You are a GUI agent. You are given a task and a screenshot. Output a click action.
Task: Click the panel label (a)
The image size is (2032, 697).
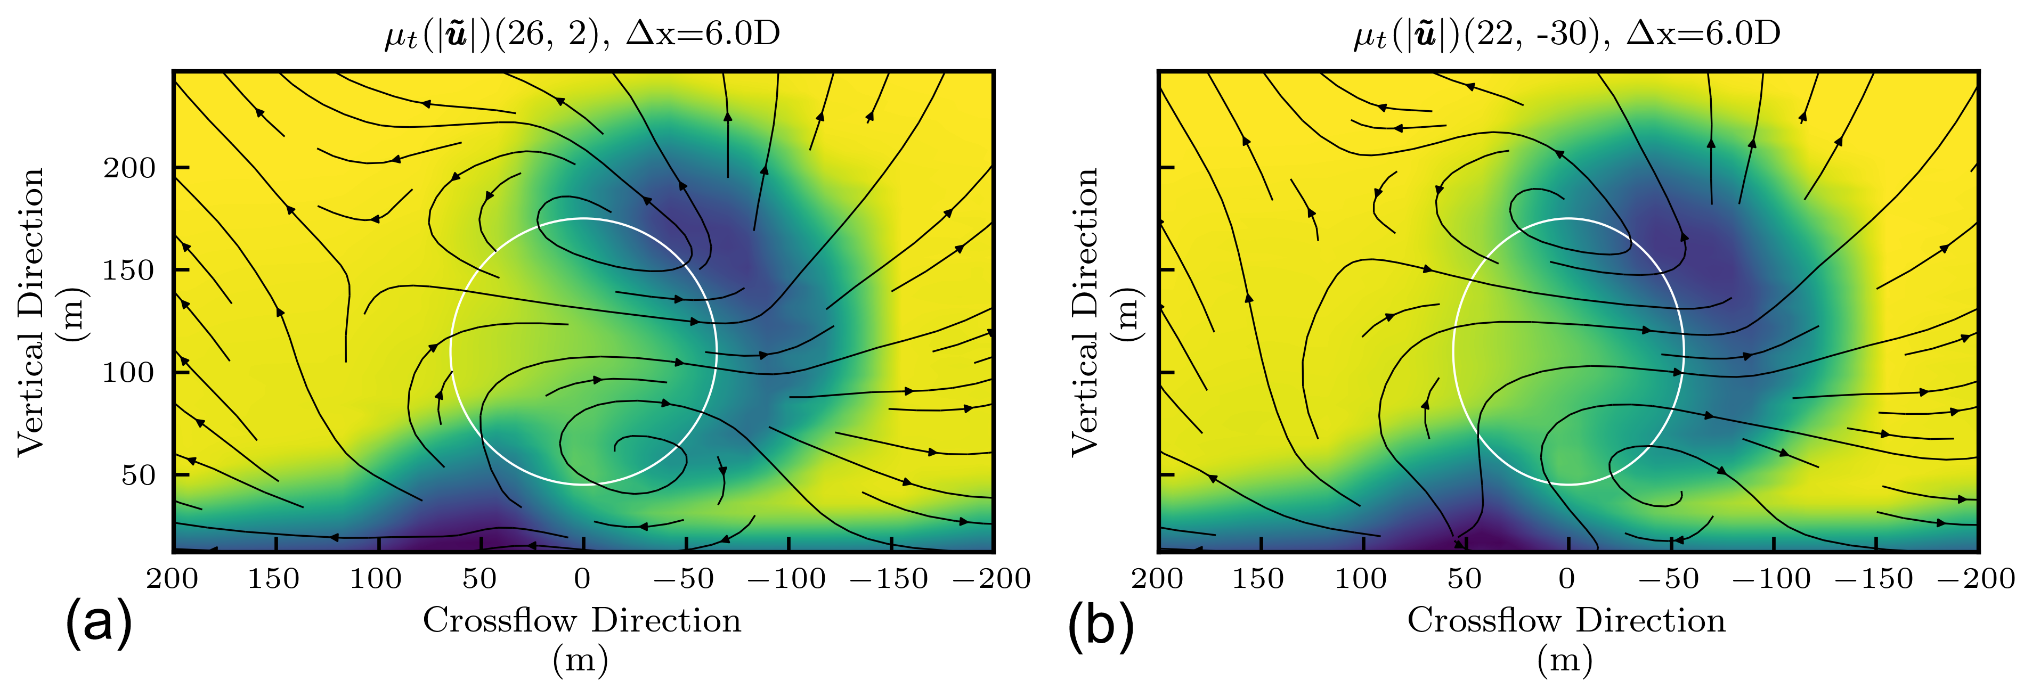(x=99, y=624)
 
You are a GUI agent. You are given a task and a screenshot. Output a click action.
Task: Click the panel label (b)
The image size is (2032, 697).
(x=1100, y=624)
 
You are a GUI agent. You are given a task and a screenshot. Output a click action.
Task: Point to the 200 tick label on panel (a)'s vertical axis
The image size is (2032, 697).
(x=129, y=168)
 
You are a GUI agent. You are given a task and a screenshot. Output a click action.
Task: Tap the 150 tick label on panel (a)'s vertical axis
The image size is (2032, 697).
(x=129, y=270)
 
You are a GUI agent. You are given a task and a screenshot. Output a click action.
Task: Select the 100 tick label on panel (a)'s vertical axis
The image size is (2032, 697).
(x=129, y=372)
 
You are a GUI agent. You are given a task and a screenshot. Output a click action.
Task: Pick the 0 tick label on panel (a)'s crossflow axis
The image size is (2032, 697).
(x=582, y=579)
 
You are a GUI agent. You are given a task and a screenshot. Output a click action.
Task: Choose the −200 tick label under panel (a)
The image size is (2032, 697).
(x=991, y=579)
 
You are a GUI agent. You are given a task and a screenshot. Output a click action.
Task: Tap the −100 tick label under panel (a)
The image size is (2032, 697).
(x=786, y=579)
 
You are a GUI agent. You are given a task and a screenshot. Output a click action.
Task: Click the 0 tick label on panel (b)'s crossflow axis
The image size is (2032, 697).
(x=1567, y=579)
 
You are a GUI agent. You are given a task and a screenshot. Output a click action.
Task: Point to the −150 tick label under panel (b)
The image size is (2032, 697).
(x=1873, y=579)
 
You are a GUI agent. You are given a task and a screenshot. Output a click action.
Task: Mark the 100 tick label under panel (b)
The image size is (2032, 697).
(x=1361, y=579)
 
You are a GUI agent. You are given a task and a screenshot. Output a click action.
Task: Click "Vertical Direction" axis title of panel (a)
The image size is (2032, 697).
(x=31, y=311)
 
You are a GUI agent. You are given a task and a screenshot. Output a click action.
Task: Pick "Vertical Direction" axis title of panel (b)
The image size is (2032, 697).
(x=1085, y=311)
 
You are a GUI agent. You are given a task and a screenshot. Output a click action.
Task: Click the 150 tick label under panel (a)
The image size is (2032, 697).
(x=274, y=579)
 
